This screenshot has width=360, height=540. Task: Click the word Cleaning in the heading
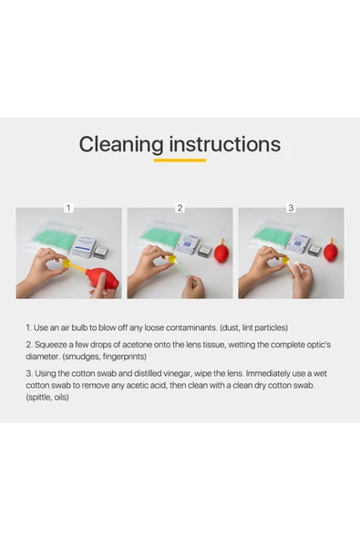coord(121,145)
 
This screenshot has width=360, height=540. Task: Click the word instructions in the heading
coord(225,144)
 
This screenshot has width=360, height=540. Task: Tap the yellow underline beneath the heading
coord(180,161)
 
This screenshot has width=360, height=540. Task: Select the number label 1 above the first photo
coord(68,208)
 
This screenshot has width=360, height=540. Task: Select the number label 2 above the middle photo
coord(180,208)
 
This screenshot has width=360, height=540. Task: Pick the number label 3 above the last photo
coord(291,208)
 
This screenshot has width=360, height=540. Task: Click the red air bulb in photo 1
coord(102,277)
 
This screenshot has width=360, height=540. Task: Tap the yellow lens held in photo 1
coord(67,264)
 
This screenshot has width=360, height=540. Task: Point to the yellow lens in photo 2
coord(172,259)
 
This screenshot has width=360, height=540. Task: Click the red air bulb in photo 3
coord(331,250)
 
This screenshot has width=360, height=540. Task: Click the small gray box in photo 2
coord(204,250)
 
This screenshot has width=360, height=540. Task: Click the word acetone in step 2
coord(138,345)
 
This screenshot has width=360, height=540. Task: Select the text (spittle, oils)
coord(47,398)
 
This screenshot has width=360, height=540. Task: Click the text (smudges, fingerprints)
coord(104,357)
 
